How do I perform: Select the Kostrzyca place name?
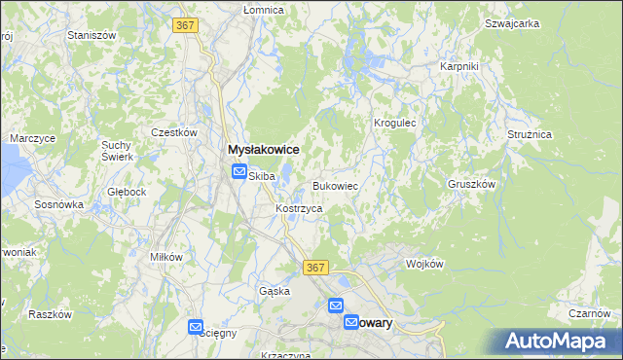click(x=299, y=209)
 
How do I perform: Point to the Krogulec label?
click(x=395, y=124)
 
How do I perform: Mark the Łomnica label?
click(x=263, y=10)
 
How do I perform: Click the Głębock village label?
click(x=128, y=192)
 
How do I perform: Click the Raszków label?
click(x=52, y=314)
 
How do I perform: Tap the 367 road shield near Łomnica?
click(x=187, y=26)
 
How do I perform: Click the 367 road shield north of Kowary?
click(x=314, y=268)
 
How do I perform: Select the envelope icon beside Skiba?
click(x=239, y=173)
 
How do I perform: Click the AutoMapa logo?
click(x=559, y=342)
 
